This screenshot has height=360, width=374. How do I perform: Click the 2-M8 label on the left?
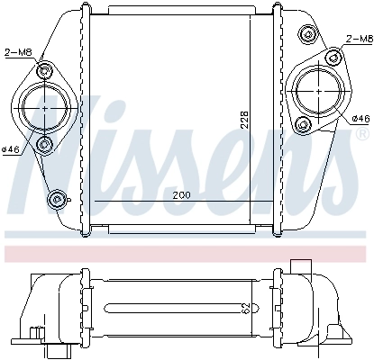20,51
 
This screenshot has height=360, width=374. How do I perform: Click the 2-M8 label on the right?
358,40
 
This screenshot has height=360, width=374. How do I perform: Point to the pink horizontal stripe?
187,246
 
